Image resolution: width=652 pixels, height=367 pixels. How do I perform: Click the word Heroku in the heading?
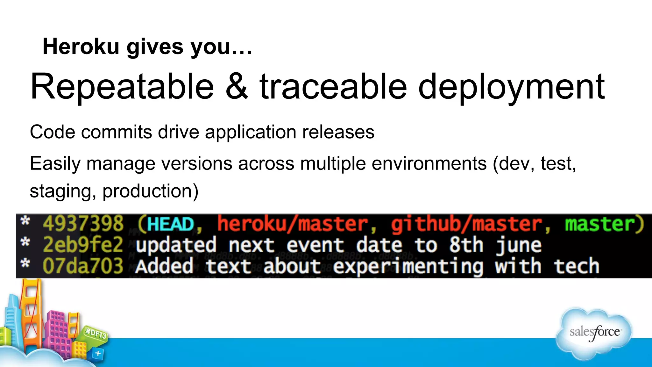81,47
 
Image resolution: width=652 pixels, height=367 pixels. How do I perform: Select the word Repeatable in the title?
122,87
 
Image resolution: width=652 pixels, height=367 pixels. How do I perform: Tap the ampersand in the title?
237,87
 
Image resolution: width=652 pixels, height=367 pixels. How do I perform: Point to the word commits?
117,132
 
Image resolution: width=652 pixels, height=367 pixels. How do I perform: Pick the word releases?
338,132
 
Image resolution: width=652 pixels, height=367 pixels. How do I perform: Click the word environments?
429,163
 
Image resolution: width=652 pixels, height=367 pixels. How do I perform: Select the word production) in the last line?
150,191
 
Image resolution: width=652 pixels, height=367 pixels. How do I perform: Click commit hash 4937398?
83,224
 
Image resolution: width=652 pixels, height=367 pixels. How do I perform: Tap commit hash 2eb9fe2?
83,245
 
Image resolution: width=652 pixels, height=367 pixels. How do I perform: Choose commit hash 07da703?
83,266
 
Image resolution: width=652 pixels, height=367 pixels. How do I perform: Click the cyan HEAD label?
171,224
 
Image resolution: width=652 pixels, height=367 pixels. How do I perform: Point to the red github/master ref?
466,224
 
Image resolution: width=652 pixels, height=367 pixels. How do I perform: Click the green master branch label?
600,224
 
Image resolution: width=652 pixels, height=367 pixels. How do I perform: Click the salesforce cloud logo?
594,333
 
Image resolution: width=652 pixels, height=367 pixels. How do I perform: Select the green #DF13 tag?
96,334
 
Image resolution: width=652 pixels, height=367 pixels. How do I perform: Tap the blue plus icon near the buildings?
98,353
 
